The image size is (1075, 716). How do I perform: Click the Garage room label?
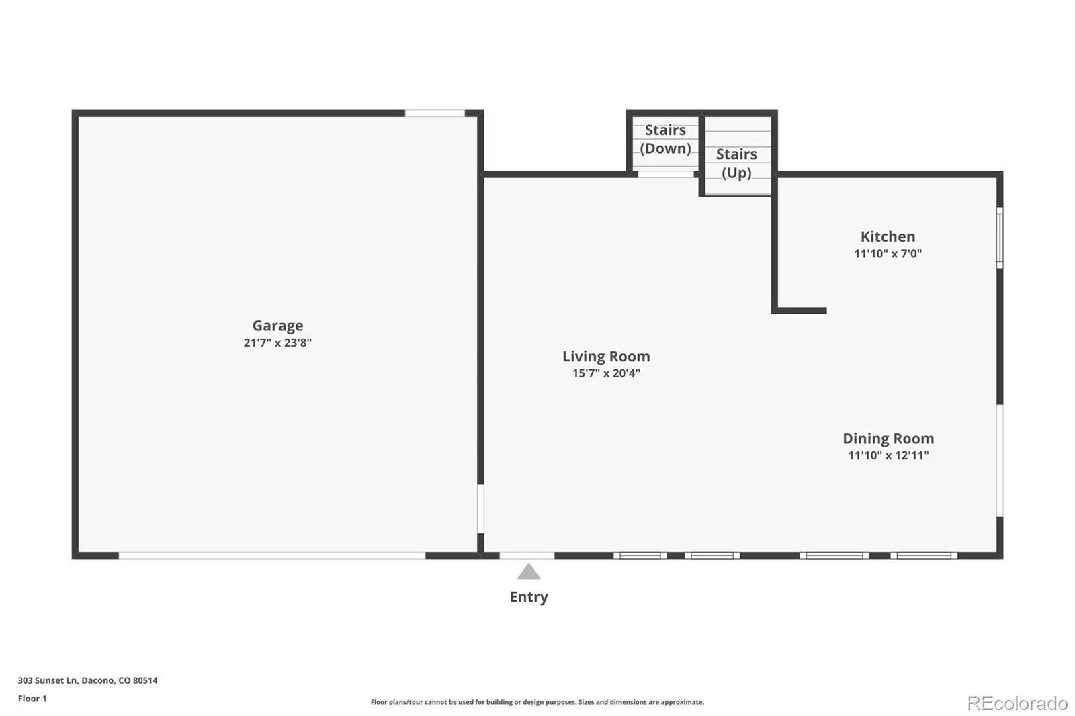pos(277,326)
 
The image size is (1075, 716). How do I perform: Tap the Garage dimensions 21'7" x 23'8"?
pos(277,343)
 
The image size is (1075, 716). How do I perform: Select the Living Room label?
pos(606,357)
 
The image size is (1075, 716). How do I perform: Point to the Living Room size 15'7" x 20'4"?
pos(606,373)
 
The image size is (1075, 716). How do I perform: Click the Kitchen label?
pos(888,236)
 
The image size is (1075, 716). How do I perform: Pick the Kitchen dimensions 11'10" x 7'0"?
pos(888,253)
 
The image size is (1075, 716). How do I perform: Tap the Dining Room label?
pos(888,439)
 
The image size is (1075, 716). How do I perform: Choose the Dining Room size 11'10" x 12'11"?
pos(888,455)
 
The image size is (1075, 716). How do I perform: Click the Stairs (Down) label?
pos(665,139)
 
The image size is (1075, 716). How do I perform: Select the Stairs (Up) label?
pos(736,163)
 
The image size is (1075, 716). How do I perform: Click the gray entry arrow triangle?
pos(528,571)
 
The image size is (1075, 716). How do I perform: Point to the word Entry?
pos(528,597)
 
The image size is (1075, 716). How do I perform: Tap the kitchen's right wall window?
pos(1000,238)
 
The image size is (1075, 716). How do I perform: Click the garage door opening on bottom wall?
pos(272,555)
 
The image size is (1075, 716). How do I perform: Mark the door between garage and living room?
pos(480,508)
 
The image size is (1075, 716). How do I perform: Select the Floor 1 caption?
pos(32,699)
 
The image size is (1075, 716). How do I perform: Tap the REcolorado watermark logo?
pos(1017,703)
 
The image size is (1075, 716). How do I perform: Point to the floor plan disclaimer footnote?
pos(537,702)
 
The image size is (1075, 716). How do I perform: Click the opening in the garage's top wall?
pos(435,114)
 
